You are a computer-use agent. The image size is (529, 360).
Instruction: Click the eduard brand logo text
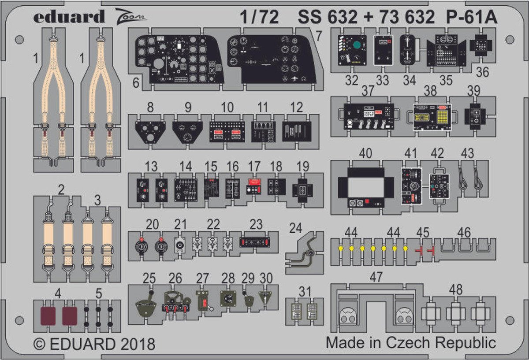click(69, 17)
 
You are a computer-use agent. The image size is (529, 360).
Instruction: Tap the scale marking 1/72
click(259, 17)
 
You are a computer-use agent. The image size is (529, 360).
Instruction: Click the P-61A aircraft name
click(472, 17)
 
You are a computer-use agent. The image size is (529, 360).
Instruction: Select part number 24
click(296, 228)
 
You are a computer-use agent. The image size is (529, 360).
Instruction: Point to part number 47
click(376, 277)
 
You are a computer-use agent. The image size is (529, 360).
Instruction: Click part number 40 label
click(365, 153)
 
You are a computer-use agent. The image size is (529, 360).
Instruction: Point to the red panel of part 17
click(254, 182)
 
